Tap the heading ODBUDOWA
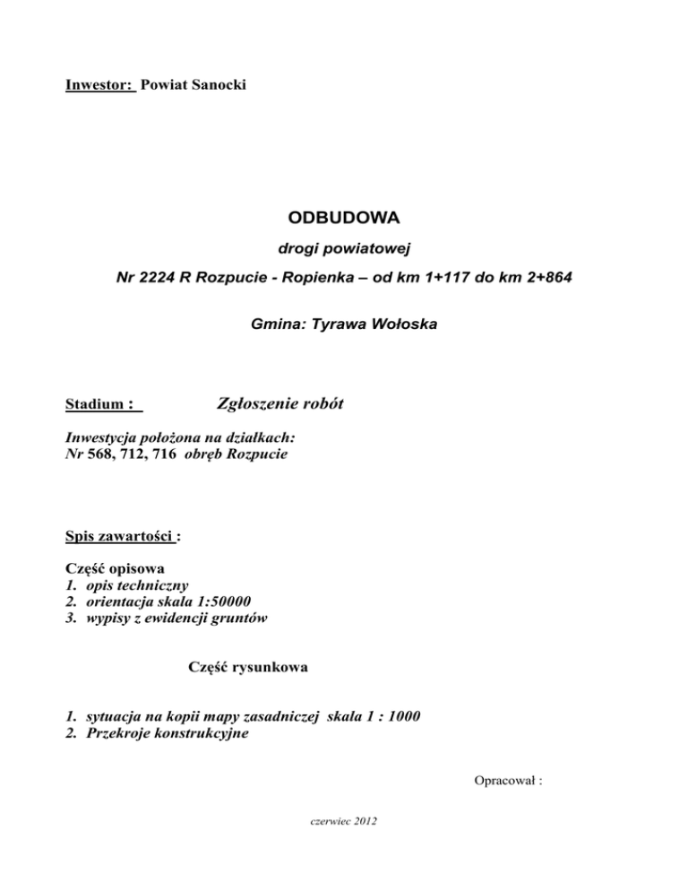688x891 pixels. [344, 218]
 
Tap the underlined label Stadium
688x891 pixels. [96, 405]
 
